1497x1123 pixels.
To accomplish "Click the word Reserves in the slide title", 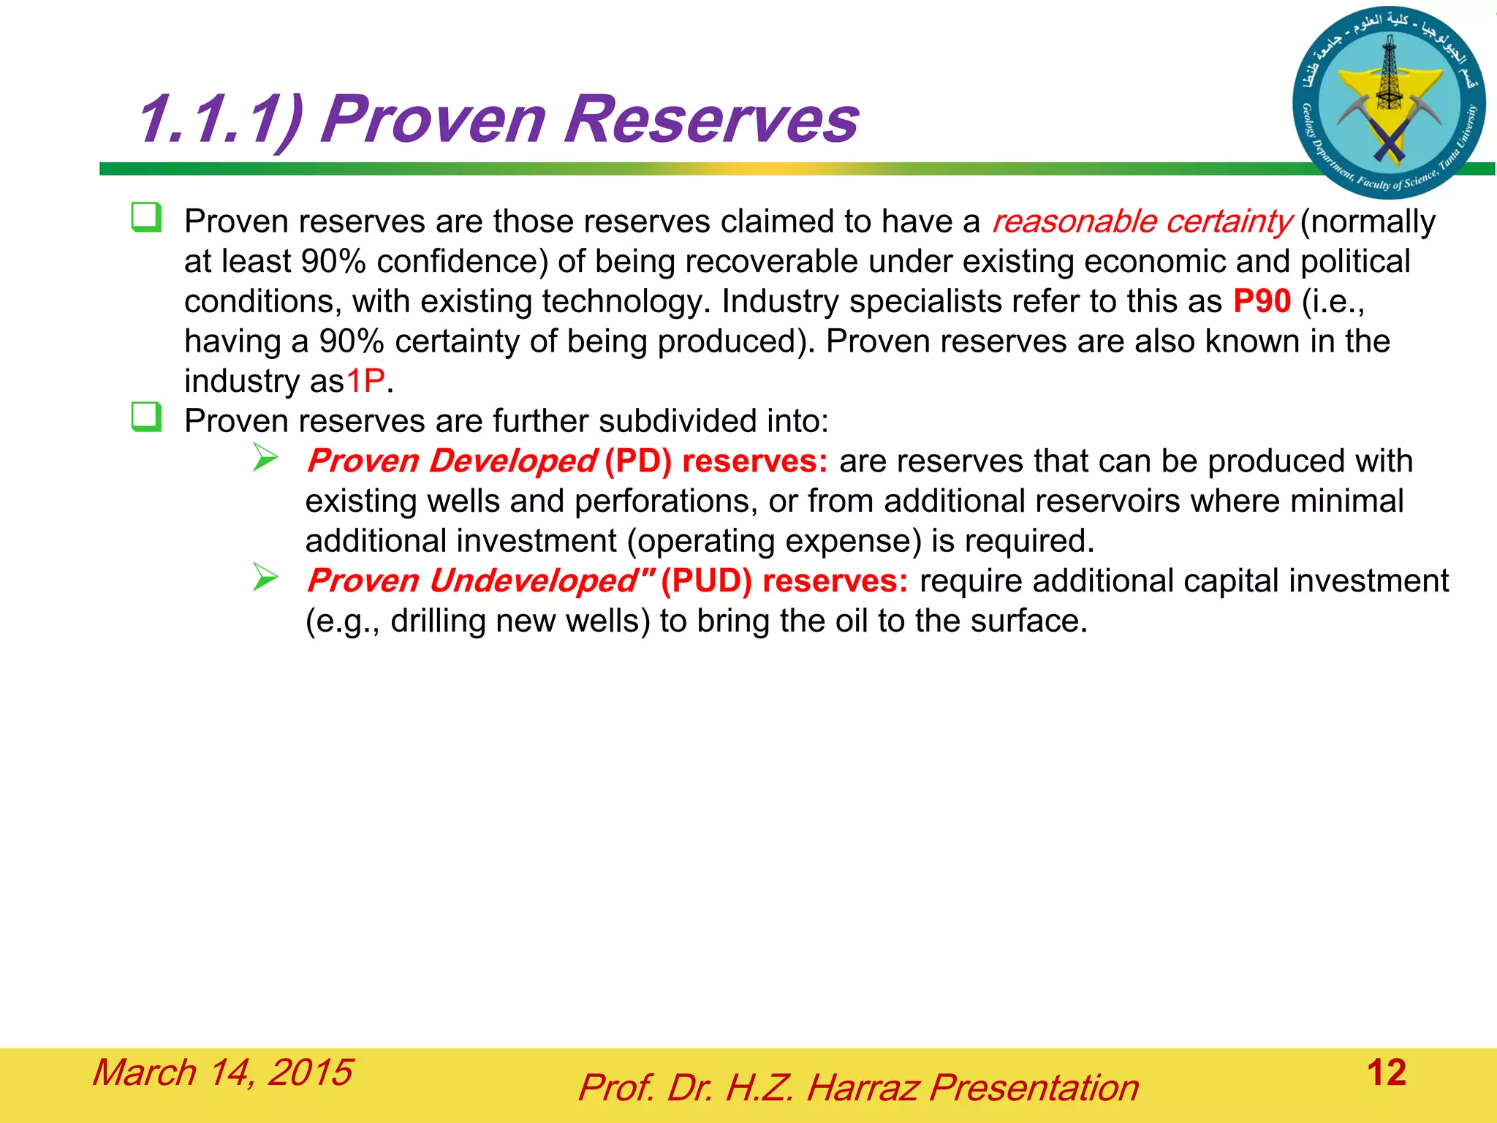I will pos(710,119).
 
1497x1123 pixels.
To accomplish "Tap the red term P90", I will pos(1262,301).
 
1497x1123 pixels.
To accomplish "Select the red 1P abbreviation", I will pos(365,381).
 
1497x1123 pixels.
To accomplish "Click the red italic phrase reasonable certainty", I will pos(1141,222).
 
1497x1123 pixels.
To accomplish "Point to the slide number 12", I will pos(1386,1073).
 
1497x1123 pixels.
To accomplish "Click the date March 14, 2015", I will pos(222,1073).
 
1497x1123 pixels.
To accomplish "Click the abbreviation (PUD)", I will pos(706,581).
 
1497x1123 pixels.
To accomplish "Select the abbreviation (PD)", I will pos(637,461).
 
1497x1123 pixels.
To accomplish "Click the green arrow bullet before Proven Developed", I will pos(265,458).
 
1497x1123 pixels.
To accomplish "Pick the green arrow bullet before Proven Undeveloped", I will pos(265,578).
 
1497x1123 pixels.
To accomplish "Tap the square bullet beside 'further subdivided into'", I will pos(146,417).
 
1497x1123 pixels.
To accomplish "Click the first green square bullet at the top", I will pos(146,218).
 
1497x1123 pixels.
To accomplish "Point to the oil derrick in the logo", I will pos(1389,73).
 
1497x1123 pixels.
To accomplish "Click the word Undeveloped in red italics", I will pos(533,581).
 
